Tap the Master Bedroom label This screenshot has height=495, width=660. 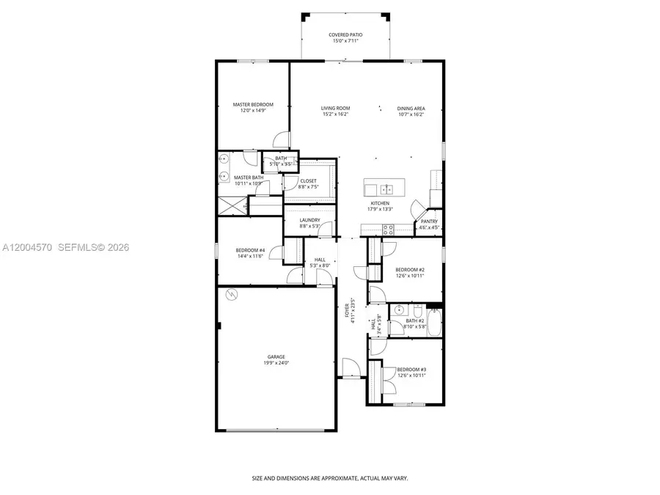click(253, 105)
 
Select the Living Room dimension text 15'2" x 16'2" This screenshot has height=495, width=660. click(335, 114)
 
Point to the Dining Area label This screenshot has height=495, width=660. click(411, 108)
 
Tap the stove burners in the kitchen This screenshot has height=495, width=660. click(387, 231)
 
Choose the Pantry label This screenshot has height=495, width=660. click(429, 221)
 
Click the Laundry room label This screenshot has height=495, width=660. click(309, 220)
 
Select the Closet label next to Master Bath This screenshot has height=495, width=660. click(308, 180)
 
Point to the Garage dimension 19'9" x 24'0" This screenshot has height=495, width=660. click(276, 363)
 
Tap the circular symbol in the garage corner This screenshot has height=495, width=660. click(232, 295)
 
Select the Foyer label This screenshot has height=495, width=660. click(349, 311)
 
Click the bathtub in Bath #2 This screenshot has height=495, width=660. click(434, 320)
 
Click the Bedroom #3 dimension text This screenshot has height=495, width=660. click(411, 375)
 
